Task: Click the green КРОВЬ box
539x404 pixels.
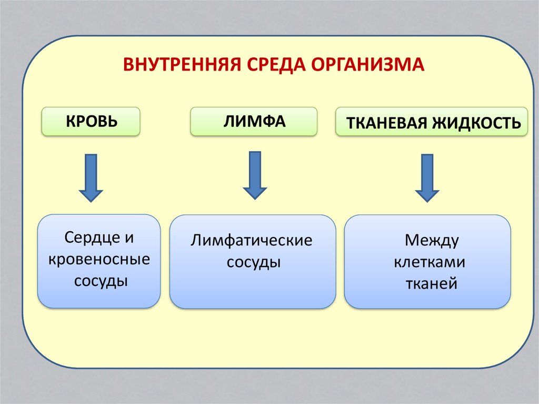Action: [91, 121]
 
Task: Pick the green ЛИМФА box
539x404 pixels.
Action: [254, 121]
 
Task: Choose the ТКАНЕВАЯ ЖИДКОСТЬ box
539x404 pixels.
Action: [432, 123]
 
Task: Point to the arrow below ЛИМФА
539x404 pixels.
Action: [255, 175]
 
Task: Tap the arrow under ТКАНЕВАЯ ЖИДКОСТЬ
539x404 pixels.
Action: [427, 178]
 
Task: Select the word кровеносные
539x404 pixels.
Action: [99, 259]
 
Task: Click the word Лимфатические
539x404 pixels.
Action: [252, 241]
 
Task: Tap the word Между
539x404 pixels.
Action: [432, 241]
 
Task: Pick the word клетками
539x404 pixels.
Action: [430, 262]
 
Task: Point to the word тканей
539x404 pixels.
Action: [431, 284]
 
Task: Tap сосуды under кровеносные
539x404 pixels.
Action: [101, 281]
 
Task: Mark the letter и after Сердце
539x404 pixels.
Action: [129, 238]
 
